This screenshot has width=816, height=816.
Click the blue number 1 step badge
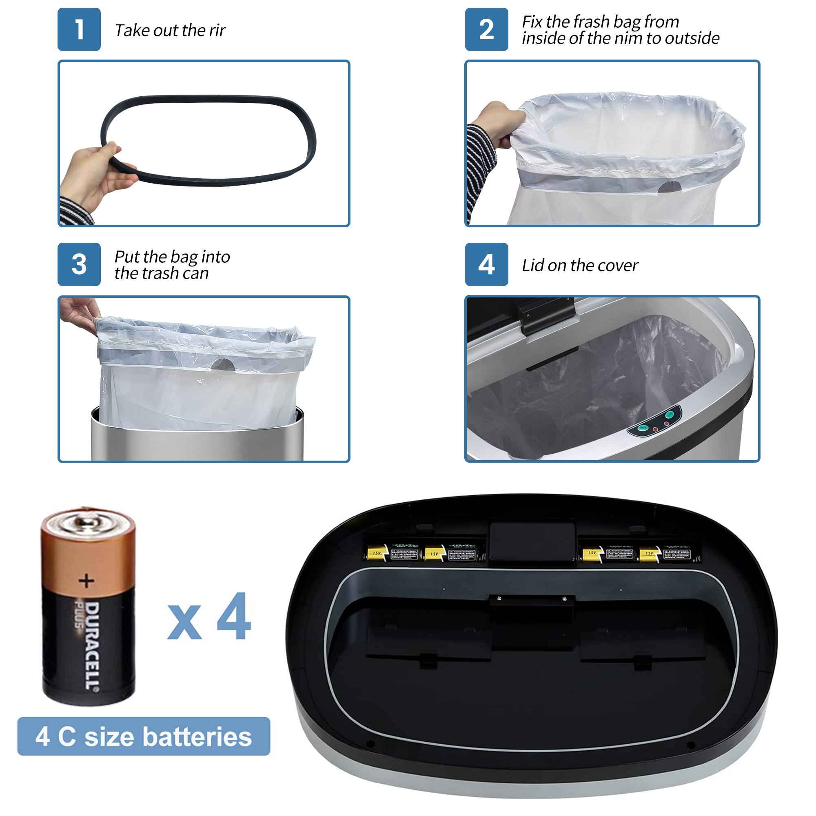pos(79,29)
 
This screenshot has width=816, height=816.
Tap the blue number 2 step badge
pos(487,29)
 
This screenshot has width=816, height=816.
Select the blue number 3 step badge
pos(79,264)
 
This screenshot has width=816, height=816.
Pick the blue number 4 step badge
pos(487,264)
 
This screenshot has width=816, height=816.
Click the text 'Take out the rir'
pos(170,31)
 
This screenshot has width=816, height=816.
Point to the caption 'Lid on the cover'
pos(579,265)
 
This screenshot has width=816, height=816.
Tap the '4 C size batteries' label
pos(144,736)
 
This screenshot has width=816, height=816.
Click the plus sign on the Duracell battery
pos(86,581)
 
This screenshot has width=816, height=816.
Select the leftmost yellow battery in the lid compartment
pos(377,553)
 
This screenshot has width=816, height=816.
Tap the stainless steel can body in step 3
pos(197,443)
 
